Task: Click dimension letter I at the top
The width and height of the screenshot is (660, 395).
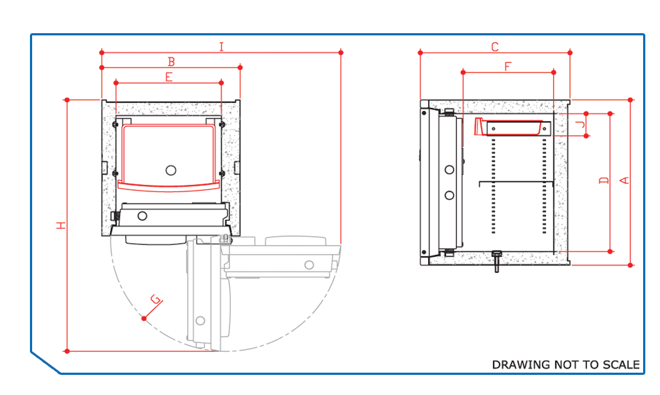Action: pyautogui.click(x=222, y=47)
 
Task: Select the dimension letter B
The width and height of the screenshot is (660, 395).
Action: pyautogui.click(x=171, y=62)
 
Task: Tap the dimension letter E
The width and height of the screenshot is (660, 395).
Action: pyautogui.click(x=169, y=77)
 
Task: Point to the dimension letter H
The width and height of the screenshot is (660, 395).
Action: pyautogui.click(x=61, y=225)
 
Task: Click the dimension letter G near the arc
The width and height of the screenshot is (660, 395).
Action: pyautogui.click(x=155, y=299)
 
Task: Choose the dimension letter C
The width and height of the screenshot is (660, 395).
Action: pyautogui.click(x=495, y=47)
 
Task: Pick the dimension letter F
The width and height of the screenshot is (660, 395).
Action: pyautogui.click(x=508, y=66)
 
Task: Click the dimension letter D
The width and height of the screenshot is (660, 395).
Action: pyautogui.click(x=604, y=180)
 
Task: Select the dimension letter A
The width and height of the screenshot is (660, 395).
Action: pyautogui.click(x=625, y=180)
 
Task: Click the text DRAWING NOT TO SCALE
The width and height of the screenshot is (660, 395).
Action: pyautogui.click(x=566, y=365)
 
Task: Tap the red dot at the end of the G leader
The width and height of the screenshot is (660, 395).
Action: pyautogui.click(x=144, y=318)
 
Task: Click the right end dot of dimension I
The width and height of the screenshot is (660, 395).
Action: pyautogui.click(x=341, y=53)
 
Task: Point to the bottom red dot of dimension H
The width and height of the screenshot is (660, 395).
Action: pyautogui.click(x=67, y=351)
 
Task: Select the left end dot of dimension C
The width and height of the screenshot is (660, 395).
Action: pyautogui.click(x=420, y=53)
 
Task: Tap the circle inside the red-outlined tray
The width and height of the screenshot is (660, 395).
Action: pyautogui.click(x=171, y=170)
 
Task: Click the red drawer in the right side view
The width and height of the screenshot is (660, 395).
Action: pyautogui.click(x=508, y=127)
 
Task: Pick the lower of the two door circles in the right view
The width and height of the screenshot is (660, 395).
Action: pyautogui.click(x=449, y=195)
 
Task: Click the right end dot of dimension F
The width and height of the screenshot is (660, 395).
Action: pyautogui.click(x=554, y=72)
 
